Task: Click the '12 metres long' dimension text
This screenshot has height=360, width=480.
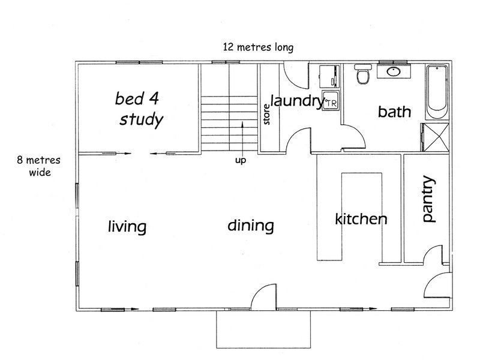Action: click(258, 47)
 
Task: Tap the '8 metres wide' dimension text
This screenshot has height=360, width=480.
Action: click(39, 166)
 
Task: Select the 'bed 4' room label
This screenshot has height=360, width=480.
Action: click(137, 98)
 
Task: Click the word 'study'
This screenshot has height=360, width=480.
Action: click(141, 119)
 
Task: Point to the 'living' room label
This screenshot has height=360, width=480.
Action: click(127, 227)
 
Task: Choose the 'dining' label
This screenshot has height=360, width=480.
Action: click(251, 226)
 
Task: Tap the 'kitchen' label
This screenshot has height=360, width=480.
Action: click(361, 219)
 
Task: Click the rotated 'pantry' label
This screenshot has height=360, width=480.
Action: click(428, 199)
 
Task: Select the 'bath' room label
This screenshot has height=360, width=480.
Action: click(394, 112)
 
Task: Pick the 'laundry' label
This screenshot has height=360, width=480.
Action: click(297, 101)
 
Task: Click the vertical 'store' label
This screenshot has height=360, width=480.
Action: click(266, 115)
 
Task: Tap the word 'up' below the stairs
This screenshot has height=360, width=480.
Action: click(241, 160)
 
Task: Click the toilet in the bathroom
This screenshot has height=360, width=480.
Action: click(364, 73)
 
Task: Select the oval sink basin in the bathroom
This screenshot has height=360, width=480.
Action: click(394, 71)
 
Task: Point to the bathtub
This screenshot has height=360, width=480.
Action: click(437, 92)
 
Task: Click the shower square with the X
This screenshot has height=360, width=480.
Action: click(435, 137)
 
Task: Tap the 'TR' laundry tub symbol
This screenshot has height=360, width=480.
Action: click(331, 100)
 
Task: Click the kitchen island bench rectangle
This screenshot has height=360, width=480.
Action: click(362, 217)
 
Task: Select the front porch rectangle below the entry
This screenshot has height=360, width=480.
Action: click(263, 329)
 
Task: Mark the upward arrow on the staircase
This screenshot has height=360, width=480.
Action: click(242, 139)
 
